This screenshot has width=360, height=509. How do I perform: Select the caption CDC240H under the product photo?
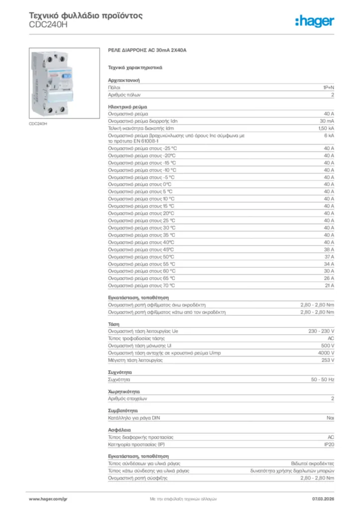click(38, 124)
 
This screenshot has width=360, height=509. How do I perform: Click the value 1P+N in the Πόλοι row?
click(328, 87)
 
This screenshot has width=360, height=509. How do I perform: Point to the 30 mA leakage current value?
click(327, 121)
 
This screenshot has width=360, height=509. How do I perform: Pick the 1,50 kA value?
click(326, 128)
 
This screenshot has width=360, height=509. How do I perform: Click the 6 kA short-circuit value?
click(329, 135)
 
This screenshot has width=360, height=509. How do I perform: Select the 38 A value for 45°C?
click(329, 250)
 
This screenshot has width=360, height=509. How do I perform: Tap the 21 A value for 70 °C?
click(329, 286)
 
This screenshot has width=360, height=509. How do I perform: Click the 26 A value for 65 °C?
click(329, 278)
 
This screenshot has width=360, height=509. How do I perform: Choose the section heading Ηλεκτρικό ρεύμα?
click(127, 107)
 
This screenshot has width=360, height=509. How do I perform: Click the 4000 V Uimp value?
click(325, 353)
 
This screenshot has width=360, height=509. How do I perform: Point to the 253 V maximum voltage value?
click(327, 360)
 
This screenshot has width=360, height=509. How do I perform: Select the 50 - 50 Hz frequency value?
click(322, 379)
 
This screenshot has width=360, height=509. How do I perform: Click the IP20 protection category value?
click(329, 444)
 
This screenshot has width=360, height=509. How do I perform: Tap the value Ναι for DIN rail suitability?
click(330, 418)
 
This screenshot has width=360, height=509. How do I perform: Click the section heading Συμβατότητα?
click(123, 411)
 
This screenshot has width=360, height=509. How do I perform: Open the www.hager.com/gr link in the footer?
click(48, 498)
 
